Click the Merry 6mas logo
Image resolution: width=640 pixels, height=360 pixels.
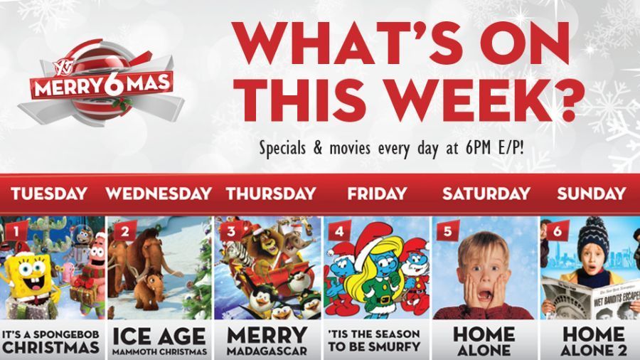[101, 82]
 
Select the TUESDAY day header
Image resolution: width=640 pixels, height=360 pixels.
[49, 194]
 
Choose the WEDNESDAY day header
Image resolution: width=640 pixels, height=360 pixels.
[159, 194]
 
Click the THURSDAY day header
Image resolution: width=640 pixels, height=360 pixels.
[271, 194]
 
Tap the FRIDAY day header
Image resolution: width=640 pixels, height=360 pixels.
[377, 194]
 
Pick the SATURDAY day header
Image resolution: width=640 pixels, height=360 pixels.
[486, 194]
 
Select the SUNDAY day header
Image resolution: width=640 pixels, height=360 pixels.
[592, 194]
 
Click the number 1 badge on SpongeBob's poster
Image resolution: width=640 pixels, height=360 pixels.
[16, 231]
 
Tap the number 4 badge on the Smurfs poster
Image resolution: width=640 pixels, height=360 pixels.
[340, 231]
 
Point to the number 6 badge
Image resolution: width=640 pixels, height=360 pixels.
[558, 231]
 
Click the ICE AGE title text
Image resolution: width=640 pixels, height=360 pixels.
[159, 337]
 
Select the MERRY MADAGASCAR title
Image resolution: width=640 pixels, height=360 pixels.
[267, 341]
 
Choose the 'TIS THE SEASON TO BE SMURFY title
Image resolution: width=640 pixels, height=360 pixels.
[374, 340]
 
